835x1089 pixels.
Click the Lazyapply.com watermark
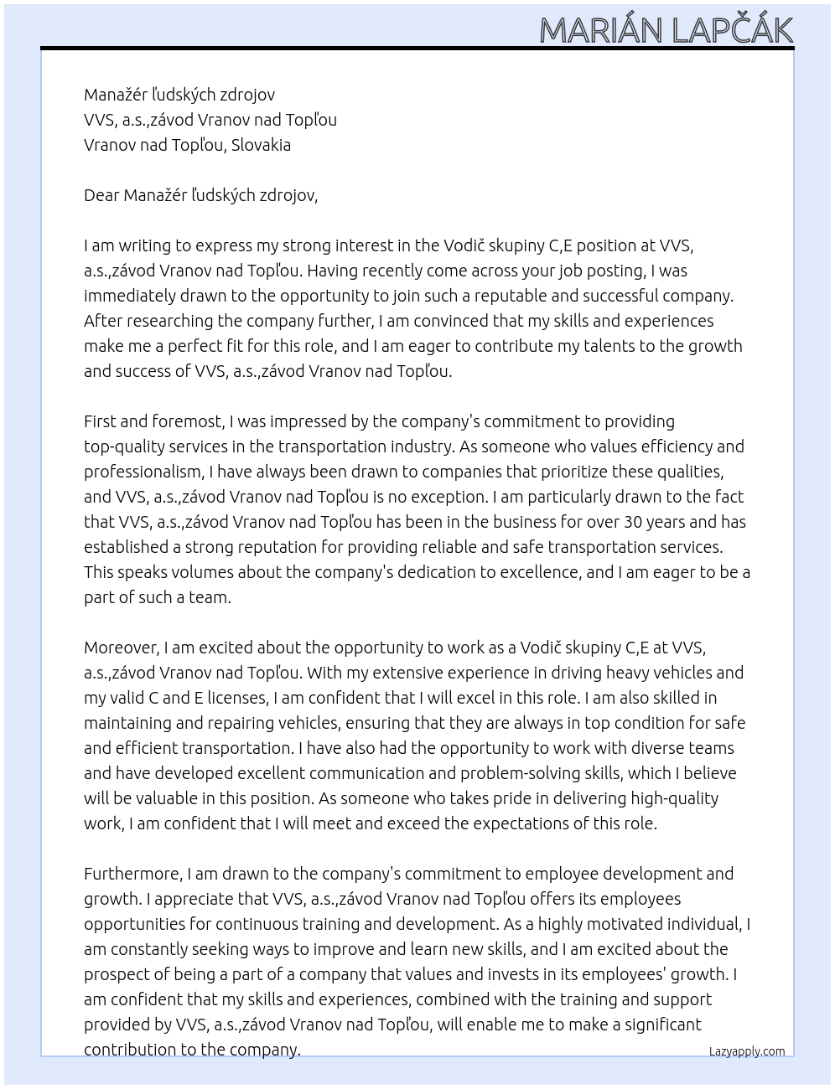tap(747, 1051)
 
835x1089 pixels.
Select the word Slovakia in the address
tap(261, 145)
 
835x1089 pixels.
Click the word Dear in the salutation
tap(101, 195)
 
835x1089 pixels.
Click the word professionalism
tap(143, 472)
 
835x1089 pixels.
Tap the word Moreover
tap(122, 648)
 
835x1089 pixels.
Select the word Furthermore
tap(133, 874)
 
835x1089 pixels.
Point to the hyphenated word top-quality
tap(125, 446)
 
